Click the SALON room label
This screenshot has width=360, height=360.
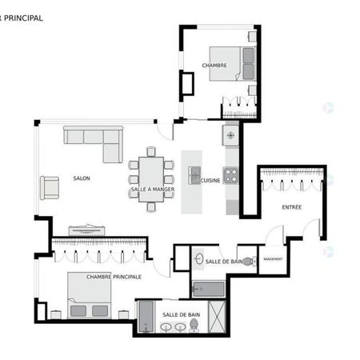(x=81, y=178)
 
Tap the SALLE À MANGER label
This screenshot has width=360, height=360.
(x=151, y=190)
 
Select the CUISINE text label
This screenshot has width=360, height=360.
(x=211, y=181)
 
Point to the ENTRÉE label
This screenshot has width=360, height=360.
(x=292, y=208)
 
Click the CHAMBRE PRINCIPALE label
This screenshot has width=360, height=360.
(x=114, y=277)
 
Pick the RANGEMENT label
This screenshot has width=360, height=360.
(x=273, y=259)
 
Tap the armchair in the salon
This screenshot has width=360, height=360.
(x=50, y=187)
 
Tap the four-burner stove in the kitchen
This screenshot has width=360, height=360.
(x=230, y=173)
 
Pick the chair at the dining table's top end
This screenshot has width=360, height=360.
(x=150, y=151)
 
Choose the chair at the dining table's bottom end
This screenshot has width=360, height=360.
(x=151, y=206)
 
